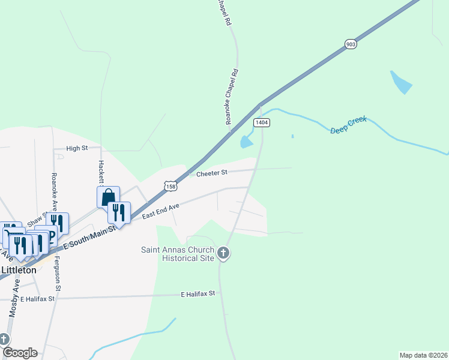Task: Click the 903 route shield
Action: click(x=351, y=44)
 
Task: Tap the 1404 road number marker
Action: click(x=261, y=122)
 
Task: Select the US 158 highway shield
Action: click(x=171, y=187)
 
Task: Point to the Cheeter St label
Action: click(x=212, y=173)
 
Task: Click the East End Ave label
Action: click(x=161, y=211)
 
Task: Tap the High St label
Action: click(x=77, y=148)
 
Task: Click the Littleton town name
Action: click(x=19, y=270)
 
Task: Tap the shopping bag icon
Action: click(x=108, y=196)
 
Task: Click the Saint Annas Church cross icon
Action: click(x=223, y=253)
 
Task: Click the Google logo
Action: click(x=20, y=353)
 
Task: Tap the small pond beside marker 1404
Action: click(x=246, y=142)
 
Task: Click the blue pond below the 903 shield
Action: click(x=401, y=82)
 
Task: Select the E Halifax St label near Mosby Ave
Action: click(x=37, y=298)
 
